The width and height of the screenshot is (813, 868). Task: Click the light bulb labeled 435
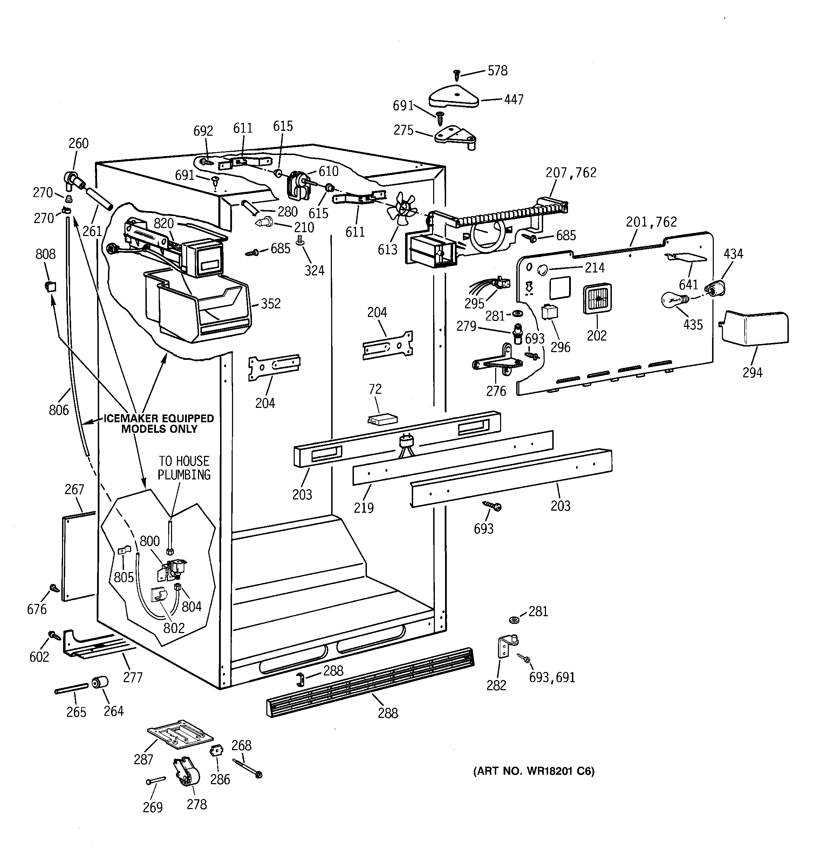pos(672,300)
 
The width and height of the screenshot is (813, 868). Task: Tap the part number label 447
pos(514,100)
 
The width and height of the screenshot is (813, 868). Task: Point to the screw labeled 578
pos(457,75)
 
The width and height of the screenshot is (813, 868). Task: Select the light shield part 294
pos(754,328)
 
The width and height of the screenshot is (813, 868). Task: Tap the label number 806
pos(59,410)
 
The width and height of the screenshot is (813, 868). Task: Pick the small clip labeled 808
pos(50,287)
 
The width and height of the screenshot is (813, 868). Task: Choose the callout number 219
pos(363,507)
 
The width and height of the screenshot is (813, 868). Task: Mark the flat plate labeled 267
pos(78,557)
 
